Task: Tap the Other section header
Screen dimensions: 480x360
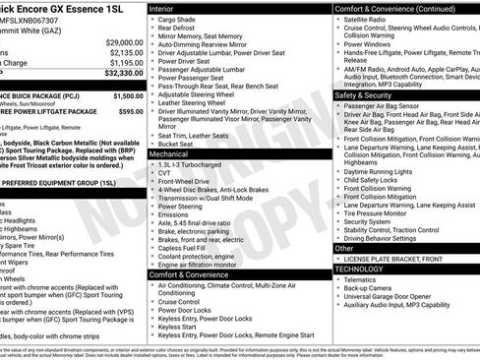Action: click(x=345, y=248)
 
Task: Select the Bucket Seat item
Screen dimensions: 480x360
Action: click(x=179, y=144)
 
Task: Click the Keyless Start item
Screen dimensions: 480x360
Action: click(x=180, y=326)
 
